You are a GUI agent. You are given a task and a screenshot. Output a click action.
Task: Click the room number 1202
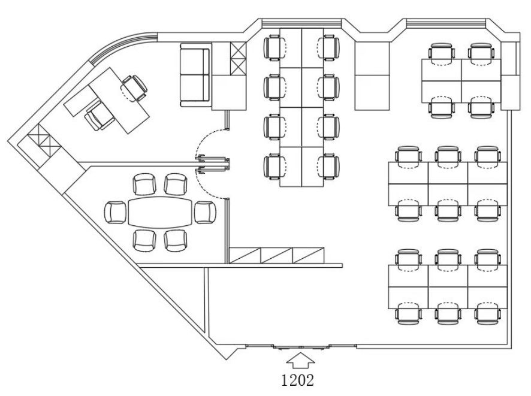[298, 380]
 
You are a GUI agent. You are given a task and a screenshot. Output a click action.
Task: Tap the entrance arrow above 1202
[300, 360]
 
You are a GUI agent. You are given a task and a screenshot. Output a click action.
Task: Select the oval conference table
[160, 212]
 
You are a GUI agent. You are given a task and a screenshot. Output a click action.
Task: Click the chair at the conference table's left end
[116, 212]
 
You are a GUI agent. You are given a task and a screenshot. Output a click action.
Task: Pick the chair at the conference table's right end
[205, 212]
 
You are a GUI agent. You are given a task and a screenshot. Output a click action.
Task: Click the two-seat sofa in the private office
[194, 75]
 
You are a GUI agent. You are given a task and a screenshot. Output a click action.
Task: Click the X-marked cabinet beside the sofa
[238, 59]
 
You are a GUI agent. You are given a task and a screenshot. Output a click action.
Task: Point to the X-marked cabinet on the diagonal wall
[44, 140]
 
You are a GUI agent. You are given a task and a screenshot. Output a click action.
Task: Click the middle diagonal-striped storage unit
[277, 256]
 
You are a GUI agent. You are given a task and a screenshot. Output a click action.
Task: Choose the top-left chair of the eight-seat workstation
[274, 49]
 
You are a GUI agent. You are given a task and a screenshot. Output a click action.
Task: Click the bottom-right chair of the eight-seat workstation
[328, 167]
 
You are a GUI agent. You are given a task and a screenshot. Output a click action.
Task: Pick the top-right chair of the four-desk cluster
[481, 53]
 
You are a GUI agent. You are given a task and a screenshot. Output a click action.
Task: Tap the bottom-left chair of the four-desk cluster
[442, 107]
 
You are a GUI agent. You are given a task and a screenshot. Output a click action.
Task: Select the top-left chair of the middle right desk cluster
[409, 157]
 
